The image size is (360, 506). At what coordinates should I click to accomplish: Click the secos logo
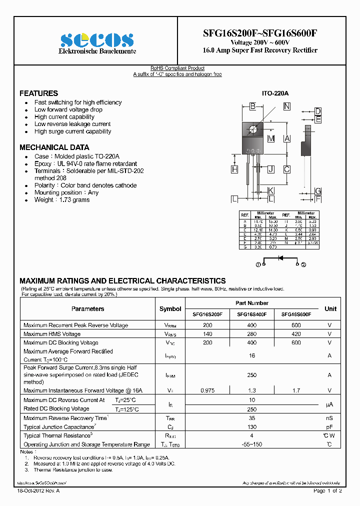tap(97, 40)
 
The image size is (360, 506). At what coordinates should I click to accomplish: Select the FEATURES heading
tap(38, 93)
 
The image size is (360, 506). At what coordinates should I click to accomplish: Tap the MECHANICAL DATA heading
tap(54, 147)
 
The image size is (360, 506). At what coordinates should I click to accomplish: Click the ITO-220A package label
tap(274, 93)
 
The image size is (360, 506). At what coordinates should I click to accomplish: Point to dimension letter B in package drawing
tap(253, 106)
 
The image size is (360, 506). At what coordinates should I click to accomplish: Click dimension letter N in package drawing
tap(286, 106)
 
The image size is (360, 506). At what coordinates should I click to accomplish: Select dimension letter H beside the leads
tap(234, 169)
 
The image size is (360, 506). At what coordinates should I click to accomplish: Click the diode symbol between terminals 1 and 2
tap(280, 258)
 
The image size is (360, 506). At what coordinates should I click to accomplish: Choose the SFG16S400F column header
tap(252, 315)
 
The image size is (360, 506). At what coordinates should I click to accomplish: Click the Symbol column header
tap(170, 309)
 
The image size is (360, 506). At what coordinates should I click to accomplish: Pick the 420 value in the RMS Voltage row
tap(296, 334)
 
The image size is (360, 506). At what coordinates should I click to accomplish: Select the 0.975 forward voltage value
tap(207, 390)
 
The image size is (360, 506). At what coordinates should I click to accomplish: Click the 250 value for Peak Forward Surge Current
tap(252, 374)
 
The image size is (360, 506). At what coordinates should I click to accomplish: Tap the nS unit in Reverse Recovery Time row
tap(329, 418)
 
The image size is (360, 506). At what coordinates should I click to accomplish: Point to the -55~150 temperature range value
tap(252, 444)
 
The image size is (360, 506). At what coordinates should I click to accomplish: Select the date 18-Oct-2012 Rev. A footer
tap(38, 491)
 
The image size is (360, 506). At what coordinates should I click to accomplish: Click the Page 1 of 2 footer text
tap(327, 491)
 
